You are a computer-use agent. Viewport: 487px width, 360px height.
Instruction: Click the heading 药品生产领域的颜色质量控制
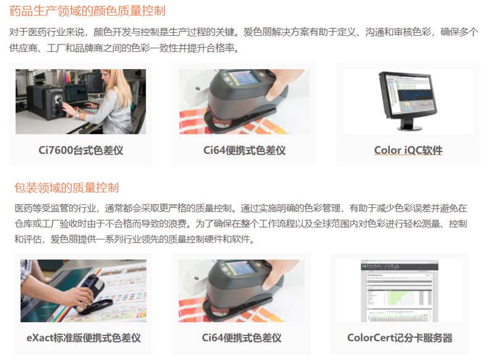tap(87, 11)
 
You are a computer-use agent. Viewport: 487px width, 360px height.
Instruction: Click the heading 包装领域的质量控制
tap(67, 188)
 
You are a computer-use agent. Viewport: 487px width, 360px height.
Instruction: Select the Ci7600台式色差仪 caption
tap(81, 150)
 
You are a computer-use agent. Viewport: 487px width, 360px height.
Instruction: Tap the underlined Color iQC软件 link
tap(408, 150)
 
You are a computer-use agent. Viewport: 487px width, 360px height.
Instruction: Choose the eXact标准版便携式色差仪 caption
tap(83, 338)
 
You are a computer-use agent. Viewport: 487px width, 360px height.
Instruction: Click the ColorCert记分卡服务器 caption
tap(400, 338)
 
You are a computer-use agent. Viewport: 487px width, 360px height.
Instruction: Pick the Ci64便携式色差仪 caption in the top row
tap(245, 150)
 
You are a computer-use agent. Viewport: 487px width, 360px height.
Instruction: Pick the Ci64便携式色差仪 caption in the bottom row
tap(242, 338)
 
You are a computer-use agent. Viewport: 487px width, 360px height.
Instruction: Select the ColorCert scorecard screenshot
tap(400, 291)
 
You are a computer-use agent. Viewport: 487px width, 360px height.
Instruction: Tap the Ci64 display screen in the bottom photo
tap(240, 268)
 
